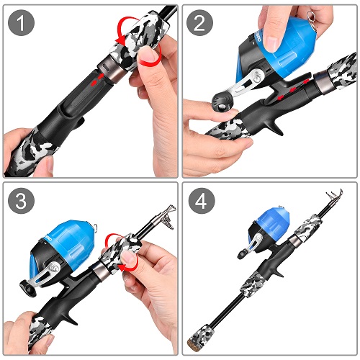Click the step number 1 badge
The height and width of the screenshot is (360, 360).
(x=22, y=23)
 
